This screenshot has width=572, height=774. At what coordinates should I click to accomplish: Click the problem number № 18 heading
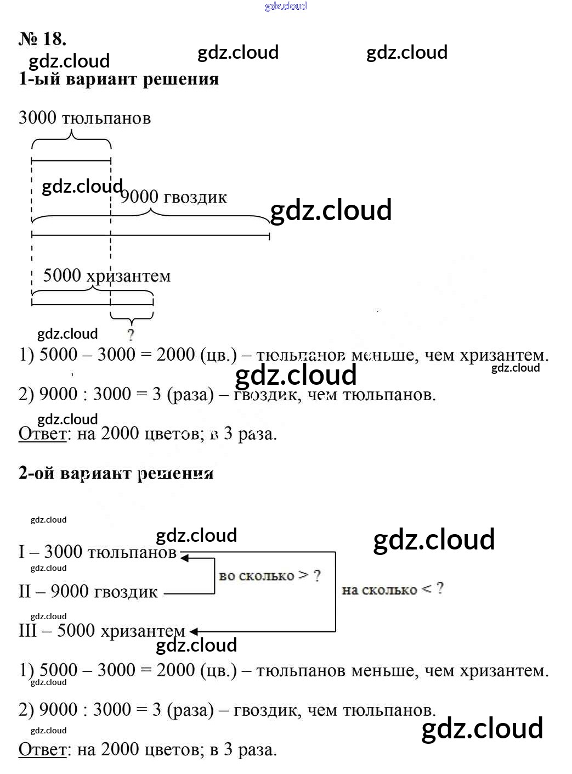coord(42,38)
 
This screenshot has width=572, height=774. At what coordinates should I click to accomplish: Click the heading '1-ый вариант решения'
coord(118,79)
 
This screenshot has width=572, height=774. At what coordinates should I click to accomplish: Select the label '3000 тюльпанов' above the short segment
coord(84,118)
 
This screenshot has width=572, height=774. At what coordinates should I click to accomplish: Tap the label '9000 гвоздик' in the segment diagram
coord(174,197)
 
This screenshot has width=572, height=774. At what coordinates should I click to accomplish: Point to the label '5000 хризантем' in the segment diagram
coord(107,276)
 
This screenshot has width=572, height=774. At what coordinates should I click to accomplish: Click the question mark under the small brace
coord(131,334)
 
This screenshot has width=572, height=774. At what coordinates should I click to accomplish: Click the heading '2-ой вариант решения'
coord(116,473)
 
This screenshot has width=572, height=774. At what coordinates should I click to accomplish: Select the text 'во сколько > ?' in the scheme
coord(269,576)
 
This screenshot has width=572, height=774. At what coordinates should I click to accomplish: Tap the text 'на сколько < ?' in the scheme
coord(392,590)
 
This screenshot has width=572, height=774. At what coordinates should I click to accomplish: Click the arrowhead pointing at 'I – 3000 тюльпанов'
coord(185,558)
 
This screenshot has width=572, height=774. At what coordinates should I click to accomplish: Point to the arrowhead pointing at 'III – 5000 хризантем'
coord(193,632)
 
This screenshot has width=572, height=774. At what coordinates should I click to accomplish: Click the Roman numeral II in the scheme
coord(25,591)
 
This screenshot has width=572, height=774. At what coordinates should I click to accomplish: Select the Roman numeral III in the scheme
coord(28,630)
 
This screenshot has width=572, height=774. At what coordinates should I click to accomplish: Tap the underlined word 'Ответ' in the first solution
coord(42,434)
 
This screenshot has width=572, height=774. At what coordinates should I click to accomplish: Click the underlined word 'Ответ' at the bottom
coord(42,749)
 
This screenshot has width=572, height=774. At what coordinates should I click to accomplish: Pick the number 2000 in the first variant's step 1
coord(175,355)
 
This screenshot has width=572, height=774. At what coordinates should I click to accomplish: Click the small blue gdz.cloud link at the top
coord(286,6)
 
